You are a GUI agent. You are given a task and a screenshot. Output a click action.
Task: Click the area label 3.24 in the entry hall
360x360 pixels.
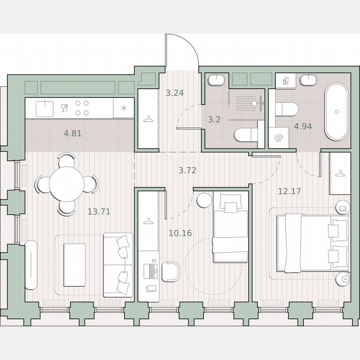pyautogui.click(x=175, y=93)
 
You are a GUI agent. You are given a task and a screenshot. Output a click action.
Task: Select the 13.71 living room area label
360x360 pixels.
pyautogui.click(x=99, y=212)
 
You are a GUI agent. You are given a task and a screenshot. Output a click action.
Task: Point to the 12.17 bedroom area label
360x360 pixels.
pyautogui.click(x=289, y=192)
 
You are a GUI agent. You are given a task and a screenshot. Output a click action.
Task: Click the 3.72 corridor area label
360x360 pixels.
pyautogui.click(x=187, y=170)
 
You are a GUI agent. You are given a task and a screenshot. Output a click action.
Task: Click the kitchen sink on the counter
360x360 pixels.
pyautogui.click(x=44, y=108)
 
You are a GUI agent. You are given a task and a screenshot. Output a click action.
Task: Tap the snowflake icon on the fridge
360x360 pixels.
pyautogui.click(x=124, y=109)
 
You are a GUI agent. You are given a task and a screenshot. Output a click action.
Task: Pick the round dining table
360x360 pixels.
pyautogui.click(x=66, y=184)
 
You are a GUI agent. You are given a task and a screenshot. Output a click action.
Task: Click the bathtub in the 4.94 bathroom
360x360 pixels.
pyautogui.click(x=336, y=112)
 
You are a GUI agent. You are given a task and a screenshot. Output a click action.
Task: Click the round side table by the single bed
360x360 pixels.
pyautogui.click(x=204, y=200)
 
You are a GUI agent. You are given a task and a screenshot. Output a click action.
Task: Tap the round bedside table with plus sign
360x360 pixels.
pyautogui.click(x=344, y=278)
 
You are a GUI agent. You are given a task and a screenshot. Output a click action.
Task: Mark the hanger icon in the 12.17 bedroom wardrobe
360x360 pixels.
pyautogui.click(x=340, y=173)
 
